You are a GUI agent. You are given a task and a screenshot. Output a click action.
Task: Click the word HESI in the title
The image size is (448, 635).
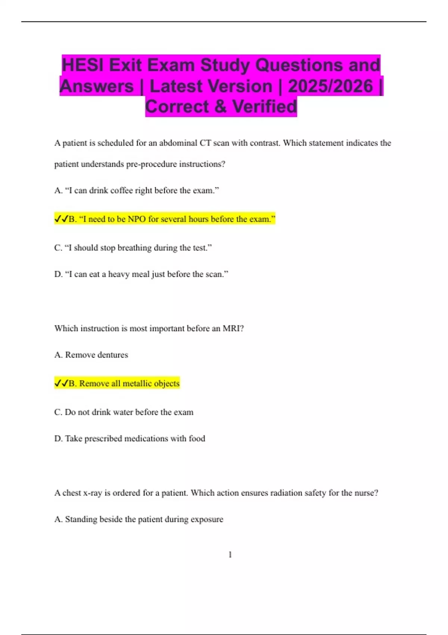tap(83, 65)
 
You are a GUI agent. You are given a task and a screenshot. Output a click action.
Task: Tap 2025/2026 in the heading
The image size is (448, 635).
tap(330, 86)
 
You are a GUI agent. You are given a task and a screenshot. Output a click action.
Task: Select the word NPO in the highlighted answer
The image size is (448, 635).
tap(137, 219)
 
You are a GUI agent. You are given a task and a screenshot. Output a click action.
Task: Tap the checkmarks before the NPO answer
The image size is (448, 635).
tap(61, 219)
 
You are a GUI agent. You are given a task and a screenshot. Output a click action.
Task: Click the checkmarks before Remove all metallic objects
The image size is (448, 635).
tap(61, 384)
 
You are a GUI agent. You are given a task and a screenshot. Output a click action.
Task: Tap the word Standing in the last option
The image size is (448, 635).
tap(81, 520)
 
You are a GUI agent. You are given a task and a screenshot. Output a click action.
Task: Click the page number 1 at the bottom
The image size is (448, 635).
tap(230, 555)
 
